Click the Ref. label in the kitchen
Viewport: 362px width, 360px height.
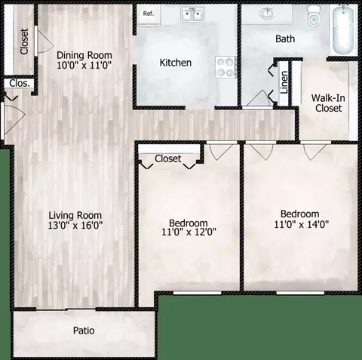(149, 14)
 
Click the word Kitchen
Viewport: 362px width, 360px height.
(175, 63)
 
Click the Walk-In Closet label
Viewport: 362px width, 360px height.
(327, 103)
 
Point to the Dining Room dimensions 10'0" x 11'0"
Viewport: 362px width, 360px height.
(84, 66)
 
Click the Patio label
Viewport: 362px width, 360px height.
(83, 331)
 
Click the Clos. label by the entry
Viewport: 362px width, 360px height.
(20, 84)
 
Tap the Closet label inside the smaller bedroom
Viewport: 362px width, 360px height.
(167, 158)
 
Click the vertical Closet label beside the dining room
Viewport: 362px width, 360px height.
(24, 42)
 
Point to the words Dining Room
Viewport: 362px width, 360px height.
(84, 54)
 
